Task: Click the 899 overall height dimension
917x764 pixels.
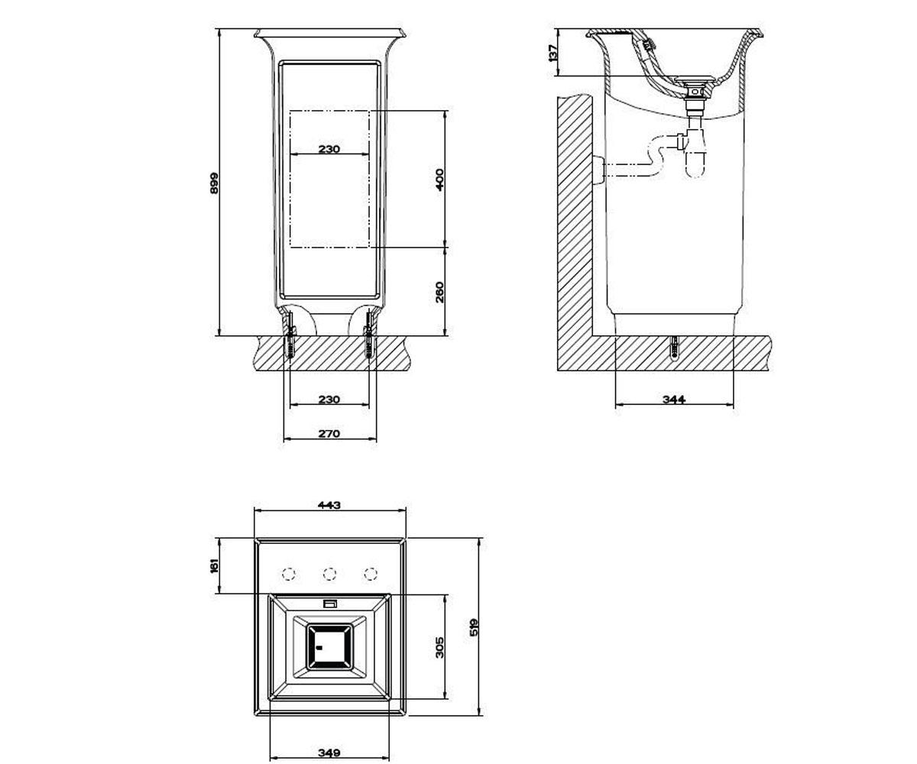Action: point(214,183)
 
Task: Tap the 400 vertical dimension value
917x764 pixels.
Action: point(439,180)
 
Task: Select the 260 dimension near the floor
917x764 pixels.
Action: point(439,292)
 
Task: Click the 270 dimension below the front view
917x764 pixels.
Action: point(329,433)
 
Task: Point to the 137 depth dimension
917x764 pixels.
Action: point(553,53)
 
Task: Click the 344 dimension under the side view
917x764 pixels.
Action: point(674,399)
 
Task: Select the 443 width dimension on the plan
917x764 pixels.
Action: point(329,505)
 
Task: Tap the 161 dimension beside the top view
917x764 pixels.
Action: point(214,565)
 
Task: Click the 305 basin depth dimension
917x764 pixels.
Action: point(439,647)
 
